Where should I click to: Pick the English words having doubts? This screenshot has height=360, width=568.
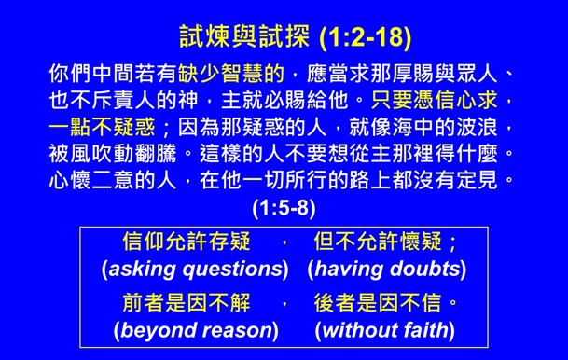pos(386,270)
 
